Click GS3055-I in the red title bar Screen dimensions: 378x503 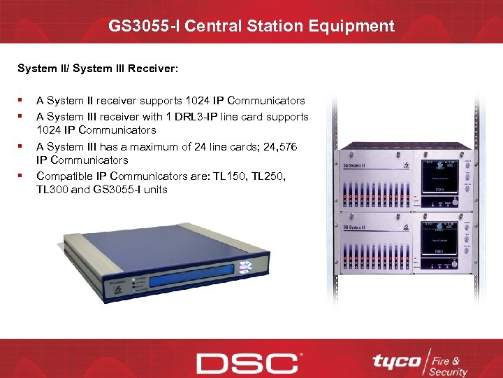click(143, 27)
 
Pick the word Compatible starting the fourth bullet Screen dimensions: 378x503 click(66, 175)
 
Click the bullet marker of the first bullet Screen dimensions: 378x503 click(23, 101)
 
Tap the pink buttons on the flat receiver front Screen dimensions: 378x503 click(245, 267)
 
